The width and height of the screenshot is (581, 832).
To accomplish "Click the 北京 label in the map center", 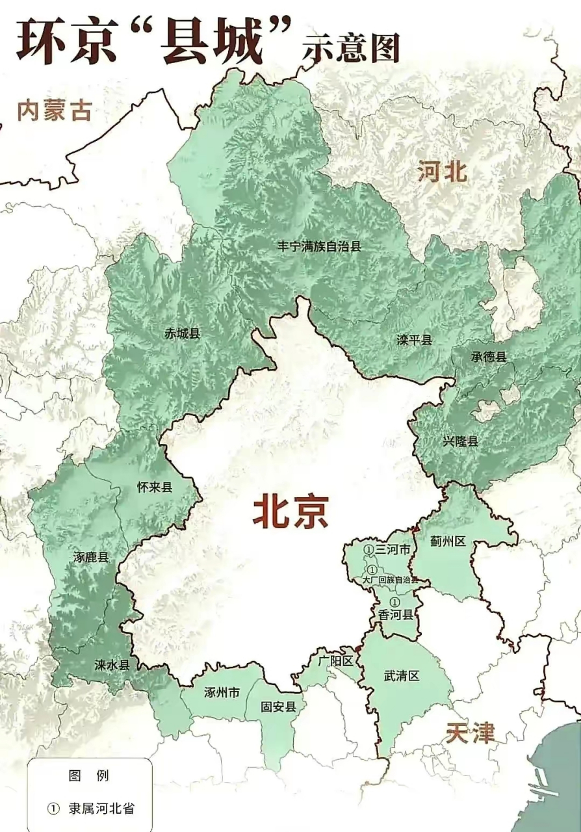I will [290, 511].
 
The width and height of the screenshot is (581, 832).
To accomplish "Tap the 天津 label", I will [471, 733].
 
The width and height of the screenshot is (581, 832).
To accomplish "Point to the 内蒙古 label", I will [54, 110].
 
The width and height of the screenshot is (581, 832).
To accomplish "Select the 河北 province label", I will [443, 173].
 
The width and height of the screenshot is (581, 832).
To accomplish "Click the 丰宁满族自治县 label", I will [319, 246].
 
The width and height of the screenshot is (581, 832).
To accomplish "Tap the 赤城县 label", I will [183, 333].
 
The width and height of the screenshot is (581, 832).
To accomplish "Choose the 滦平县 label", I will [415, 340].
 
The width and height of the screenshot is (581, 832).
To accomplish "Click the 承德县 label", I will [489, 357].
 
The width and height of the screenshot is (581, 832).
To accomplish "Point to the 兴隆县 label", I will [461, 441].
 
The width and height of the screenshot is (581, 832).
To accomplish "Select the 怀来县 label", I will [155, 487].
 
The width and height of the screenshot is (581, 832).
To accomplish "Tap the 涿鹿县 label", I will [91, 557].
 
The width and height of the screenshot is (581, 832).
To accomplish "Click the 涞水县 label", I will [112, 664].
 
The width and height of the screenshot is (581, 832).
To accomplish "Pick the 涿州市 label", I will [222, 693].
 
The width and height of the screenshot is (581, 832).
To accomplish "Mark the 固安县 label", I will [278, 707].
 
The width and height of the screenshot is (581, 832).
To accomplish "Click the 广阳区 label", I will [335, 662].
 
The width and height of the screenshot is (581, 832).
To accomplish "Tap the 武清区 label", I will [402, 676].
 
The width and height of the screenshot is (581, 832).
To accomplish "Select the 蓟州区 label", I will [448, 541].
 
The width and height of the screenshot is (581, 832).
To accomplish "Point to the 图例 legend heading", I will [89, 776].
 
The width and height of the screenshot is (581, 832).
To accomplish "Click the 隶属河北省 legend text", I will [102, 809].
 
